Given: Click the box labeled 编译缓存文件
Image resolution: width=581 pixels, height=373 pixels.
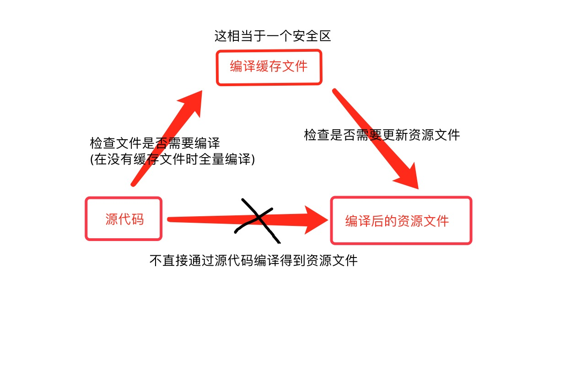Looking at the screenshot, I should point(269,67).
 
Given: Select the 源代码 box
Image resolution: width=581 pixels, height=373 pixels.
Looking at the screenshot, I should point(124,219).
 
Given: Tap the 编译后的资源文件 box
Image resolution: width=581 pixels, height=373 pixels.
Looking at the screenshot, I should point(401,220).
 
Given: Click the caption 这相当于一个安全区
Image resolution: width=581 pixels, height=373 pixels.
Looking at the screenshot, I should point(273,36).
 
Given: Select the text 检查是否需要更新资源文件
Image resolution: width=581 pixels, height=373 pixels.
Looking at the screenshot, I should point(382,135).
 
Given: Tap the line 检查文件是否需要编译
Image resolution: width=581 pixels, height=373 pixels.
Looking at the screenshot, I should point(155,143).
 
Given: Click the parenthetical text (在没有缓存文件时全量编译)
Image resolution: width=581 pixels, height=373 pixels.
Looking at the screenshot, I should point(172,159).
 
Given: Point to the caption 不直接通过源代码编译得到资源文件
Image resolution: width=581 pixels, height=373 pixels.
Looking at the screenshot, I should point(253,261).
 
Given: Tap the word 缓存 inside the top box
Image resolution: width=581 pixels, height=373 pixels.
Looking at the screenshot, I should point(269,67).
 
